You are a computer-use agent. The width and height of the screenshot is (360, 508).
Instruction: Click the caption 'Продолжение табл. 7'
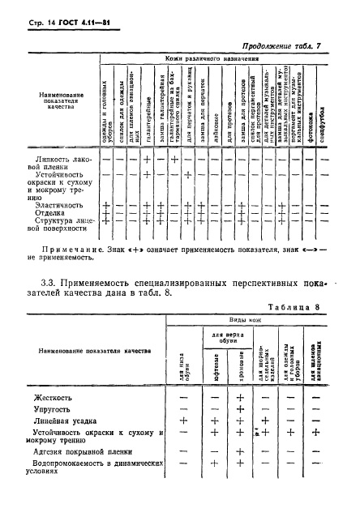(x=293, y=48)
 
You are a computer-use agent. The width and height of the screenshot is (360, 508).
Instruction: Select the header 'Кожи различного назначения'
(x=216, y=60)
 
